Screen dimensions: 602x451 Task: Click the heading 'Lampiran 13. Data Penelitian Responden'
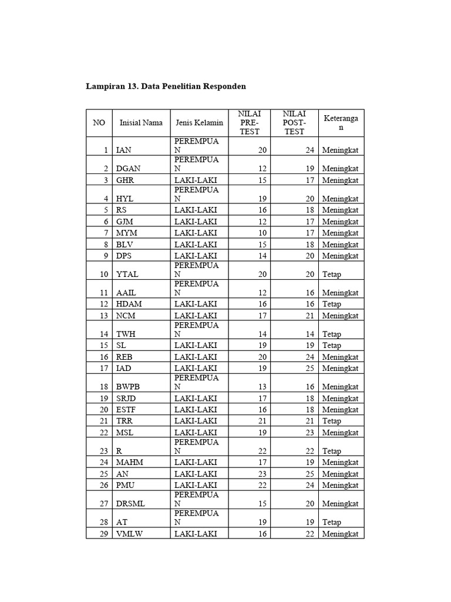[x=166, y=86]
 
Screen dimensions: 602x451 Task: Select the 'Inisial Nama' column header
[x=141, y=123]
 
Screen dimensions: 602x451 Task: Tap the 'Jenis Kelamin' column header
[x=199, y=123]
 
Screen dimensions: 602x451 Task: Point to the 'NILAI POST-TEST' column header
[x=294, y=123]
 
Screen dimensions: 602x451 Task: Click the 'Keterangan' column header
[x=341, y=123]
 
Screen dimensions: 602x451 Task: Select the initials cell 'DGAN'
[x=129, y=168]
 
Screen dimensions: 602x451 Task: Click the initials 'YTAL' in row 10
[x=128, y=274]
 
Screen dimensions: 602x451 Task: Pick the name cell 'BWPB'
[x=129, y=386]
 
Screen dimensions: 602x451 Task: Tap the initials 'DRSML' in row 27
[x=130, y=503]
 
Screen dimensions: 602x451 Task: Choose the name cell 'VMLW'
[x=130, y=534]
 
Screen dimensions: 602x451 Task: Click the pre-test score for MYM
[x=262, y=233]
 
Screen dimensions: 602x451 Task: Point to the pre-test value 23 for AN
[x=262, y=474]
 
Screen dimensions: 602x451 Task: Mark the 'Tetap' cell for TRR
[x=331, y=422]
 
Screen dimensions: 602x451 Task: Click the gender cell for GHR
[x=196, y=180]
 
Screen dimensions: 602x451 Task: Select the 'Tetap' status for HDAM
[x=331, y=304]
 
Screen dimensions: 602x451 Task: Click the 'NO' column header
[x=99, y=123]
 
